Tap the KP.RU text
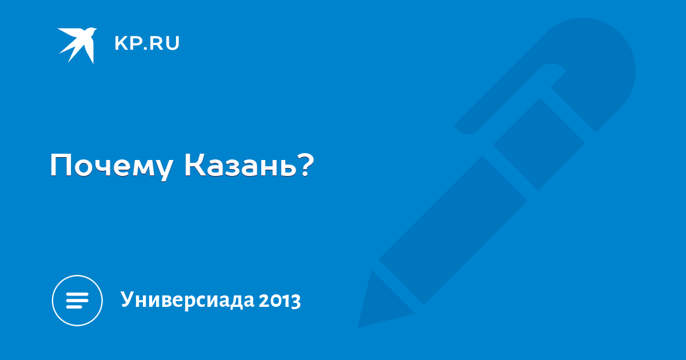pos(147,43)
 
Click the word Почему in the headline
pos(111,166)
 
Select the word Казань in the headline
pos(240,165)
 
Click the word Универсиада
pos(188,299)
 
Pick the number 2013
pos(280,301)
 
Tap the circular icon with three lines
pos(77,301)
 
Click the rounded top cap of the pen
pos(600,61)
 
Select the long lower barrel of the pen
pos(453,230)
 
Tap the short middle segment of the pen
pos(539,144)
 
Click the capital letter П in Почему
pos(61,165)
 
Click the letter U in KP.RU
pos(173,43)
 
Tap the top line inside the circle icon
pos(77,294)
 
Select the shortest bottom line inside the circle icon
pos(75,306)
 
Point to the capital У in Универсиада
pos(129,299)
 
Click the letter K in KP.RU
pos(121,43)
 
